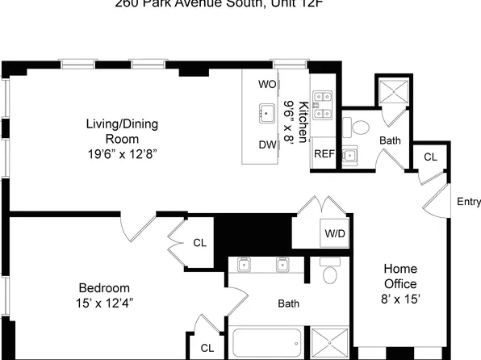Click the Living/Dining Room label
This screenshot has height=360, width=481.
point(122,131)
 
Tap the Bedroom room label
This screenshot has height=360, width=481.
point(104,288)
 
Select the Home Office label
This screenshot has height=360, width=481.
point(399,276)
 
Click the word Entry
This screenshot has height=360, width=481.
point(468,202)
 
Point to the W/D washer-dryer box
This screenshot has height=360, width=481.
point(334,233)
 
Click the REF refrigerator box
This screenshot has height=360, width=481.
point(324,154)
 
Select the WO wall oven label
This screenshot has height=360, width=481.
point(267,84)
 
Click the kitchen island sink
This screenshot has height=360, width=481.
point(267,112)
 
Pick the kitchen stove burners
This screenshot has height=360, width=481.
point(323,103)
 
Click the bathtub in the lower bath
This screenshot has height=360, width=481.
point(266,344)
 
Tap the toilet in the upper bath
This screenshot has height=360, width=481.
point(357,127)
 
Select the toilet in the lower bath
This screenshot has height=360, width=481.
point(328,274)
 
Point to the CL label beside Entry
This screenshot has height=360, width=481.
point(430,157)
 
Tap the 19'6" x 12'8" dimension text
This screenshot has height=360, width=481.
point(122,153)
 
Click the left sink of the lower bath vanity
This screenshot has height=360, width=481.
point(245,265)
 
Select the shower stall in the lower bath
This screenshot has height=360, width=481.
point(329,342)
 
